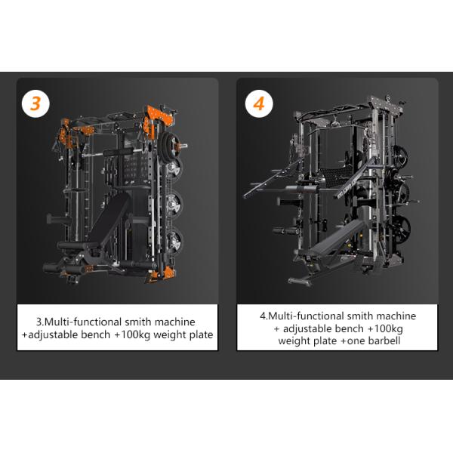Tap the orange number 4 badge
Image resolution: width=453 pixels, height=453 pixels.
tap(257, 103)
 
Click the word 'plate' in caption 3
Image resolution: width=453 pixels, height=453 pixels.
tap(199, 335)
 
